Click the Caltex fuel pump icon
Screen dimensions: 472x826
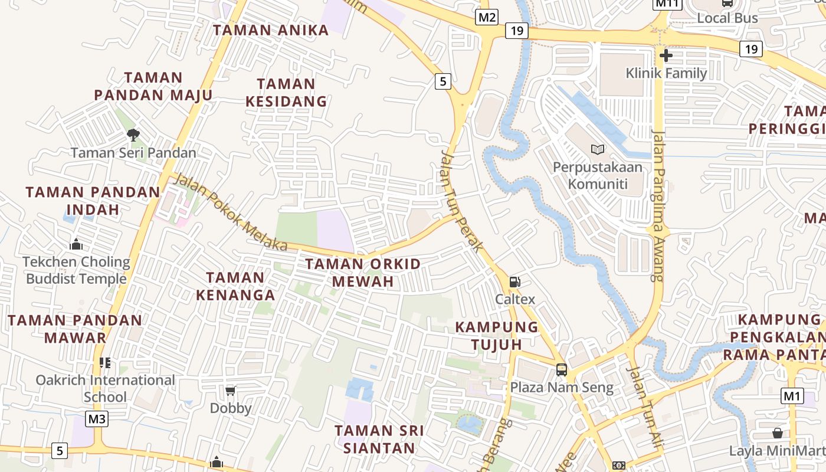tap(514, 282)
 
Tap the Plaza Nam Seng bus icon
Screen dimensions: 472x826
tap(562, 370)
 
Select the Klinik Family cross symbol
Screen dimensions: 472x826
tap(666, 56)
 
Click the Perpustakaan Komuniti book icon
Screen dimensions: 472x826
tap(598, 150)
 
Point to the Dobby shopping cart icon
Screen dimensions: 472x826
tap(231, 391)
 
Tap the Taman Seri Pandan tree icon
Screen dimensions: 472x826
tap(133, 135)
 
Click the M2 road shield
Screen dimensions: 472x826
tap(487, 17)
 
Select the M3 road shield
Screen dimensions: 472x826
tap(97, 419)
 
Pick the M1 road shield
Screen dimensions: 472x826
tap(792, 396)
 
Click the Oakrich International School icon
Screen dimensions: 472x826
tap(105, 362)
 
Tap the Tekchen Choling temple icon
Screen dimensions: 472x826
tap(76, 244)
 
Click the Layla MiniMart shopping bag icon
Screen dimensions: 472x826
tap(778, 433)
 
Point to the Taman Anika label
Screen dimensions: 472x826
tap(271, 30)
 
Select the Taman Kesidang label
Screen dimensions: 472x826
tap(286, 93)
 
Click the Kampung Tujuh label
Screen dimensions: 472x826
tap(497, 335)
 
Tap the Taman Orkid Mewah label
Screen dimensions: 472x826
tap(363, 273)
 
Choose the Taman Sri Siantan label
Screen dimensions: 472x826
tap(379, 439)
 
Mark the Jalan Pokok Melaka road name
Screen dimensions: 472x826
tap(230, 212)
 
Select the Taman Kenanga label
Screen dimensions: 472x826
tap(235, 286)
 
